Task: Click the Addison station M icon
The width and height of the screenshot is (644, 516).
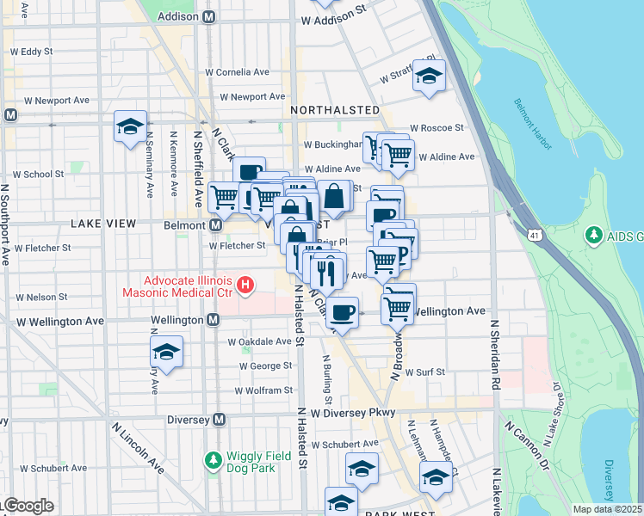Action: [207, 17]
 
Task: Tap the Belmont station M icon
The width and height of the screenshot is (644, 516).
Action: [215, 224]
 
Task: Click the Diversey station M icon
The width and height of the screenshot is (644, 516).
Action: [219, 420]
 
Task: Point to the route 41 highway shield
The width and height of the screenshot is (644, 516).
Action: [536, 234]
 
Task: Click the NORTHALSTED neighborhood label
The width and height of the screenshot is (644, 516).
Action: [335, 110]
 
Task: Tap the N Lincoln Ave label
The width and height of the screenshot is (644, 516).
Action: [138, 448]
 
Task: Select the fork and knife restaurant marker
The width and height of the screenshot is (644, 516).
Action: [327, 273]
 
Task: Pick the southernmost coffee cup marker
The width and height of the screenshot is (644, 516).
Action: [343, 311]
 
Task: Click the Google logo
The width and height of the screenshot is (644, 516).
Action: [28, 506]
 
